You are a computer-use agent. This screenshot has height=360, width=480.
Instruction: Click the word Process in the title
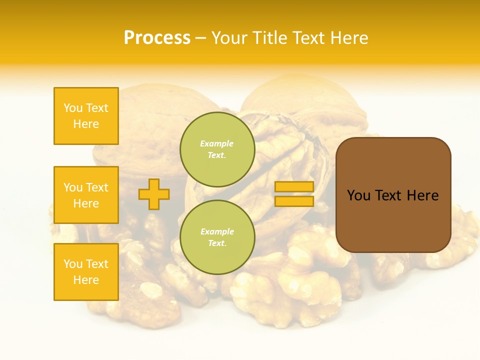pos(157,38)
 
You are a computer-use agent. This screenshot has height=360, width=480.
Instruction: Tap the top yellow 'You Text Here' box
pos(86,116)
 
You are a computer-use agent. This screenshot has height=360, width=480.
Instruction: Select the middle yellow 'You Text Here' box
pos(86,195)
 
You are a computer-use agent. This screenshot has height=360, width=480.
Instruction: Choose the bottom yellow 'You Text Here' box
pos(86,272)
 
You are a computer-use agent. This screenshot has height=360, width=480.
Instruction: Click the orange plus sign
pos(154,194)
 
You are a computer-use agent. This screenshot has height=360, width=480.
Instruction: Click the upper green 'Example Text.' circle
pos(217,149)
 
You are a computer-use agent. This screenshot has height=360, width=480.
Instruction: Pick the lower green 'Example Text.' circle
pos(217,237)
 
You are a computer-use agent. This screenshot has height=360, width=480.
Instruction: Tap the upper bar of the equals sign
pos(294,187)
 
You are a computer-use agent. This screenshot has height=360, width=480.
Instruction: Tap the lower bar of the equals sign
pos(294,201)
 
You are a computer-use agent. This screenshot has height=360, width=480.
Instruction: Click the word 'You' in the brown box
pos(358,195)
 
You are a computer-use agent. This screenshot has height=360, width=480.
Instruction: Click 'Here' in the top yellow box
pos(86,124)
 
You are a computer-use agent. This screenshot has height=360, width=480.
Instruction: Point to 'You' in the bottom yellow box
pos(73,264)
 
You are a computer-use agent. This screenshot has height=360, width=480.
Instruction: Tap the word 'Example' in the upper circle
pos(217,144)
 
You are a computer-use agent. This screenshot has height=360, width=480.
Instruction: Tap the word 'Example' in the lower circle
pos(217,232)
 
